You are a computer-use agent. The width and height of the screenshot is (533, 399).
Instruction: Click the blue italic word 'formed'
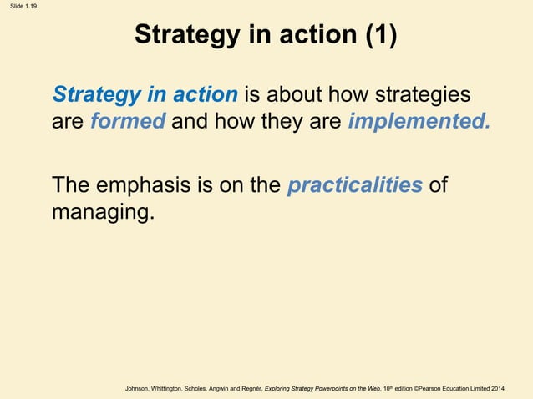tap(129, 122)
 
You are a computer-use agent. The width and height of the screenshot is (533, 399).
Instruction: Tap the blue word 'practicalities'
tap(354, 185)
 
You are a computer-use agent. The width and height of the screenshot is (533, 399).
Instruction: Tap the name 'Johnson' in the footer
tap(140, 389)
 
